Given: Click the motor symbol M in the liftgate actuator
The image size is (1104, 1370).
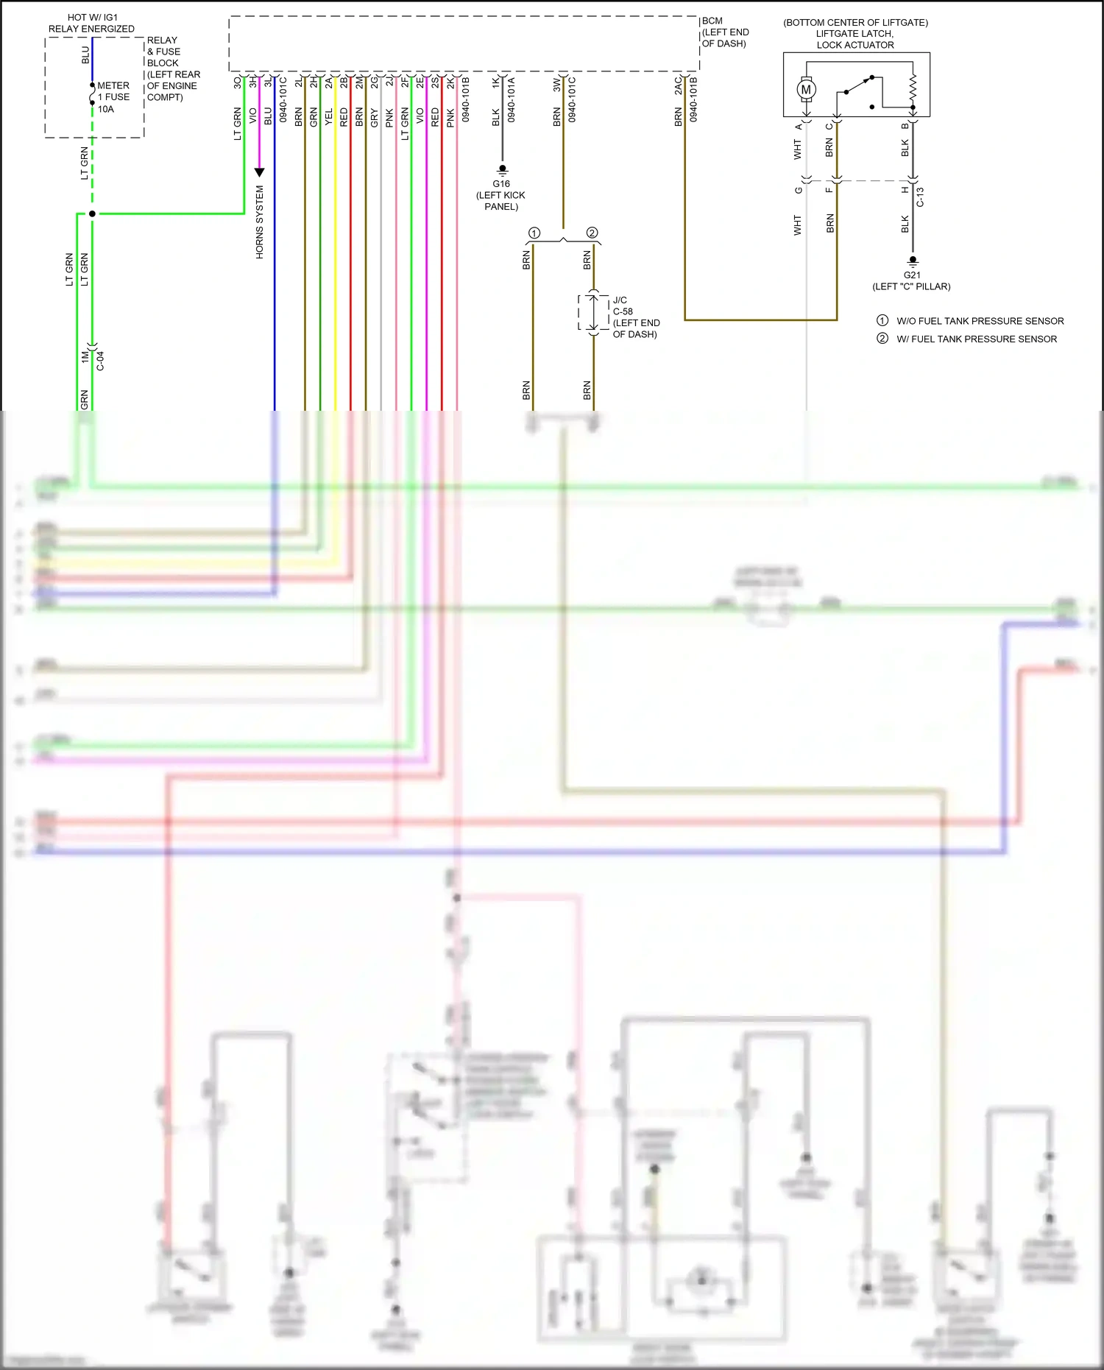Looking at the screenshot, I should pos(806,90).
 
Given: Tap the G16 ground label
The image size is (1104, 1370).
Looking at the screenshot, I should pos(501,184).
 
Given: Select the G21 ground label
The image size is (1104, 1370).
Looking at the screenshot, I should pos(912,275).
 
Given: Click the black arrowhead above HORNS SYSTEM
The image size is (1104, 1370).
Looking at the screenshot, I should pos(259,172).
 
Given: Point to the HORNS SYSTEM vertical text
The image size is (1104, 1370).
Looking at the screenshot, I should pos(260,222).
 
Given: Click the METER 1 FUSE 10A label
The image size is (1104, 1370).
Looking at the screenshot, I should pos(113,97).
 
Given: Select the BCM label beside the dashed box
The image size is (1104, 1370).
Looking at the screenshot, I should pos(712,21).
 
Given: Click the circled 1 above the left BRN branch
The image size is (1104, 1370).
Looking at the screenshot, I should pos(534,233).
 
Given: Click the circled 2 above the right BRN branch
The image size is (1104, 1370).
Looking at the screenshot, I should pos(592,233).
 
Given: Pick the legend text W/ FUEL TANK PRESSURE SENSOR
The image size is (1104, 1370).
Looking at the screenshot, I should pos(976,339).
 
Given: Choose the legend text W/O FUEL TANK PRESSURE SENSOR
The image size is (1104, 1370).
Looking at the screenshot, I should pos(980,321).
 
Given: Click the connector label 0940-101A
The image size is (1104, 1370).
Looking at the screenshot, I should pos(512,99).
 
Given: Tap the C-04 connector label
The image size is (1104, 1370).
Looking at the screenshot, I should pos(101,360).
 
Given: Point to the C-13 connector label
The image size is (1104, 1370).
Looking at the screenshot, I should pos(920,197).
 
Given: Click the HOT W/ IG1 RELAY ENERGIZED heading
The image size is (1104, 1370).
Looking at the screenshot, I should pos(92,23).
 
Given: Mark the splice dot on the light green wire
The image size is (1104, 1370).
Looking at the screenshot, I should pos(92,213).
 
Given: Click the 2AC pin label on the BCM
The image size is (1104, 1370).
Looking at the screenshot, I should pos(678,85).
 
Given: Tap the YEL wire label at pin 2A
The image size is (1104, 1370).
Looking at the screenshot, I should pos(329,116).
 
